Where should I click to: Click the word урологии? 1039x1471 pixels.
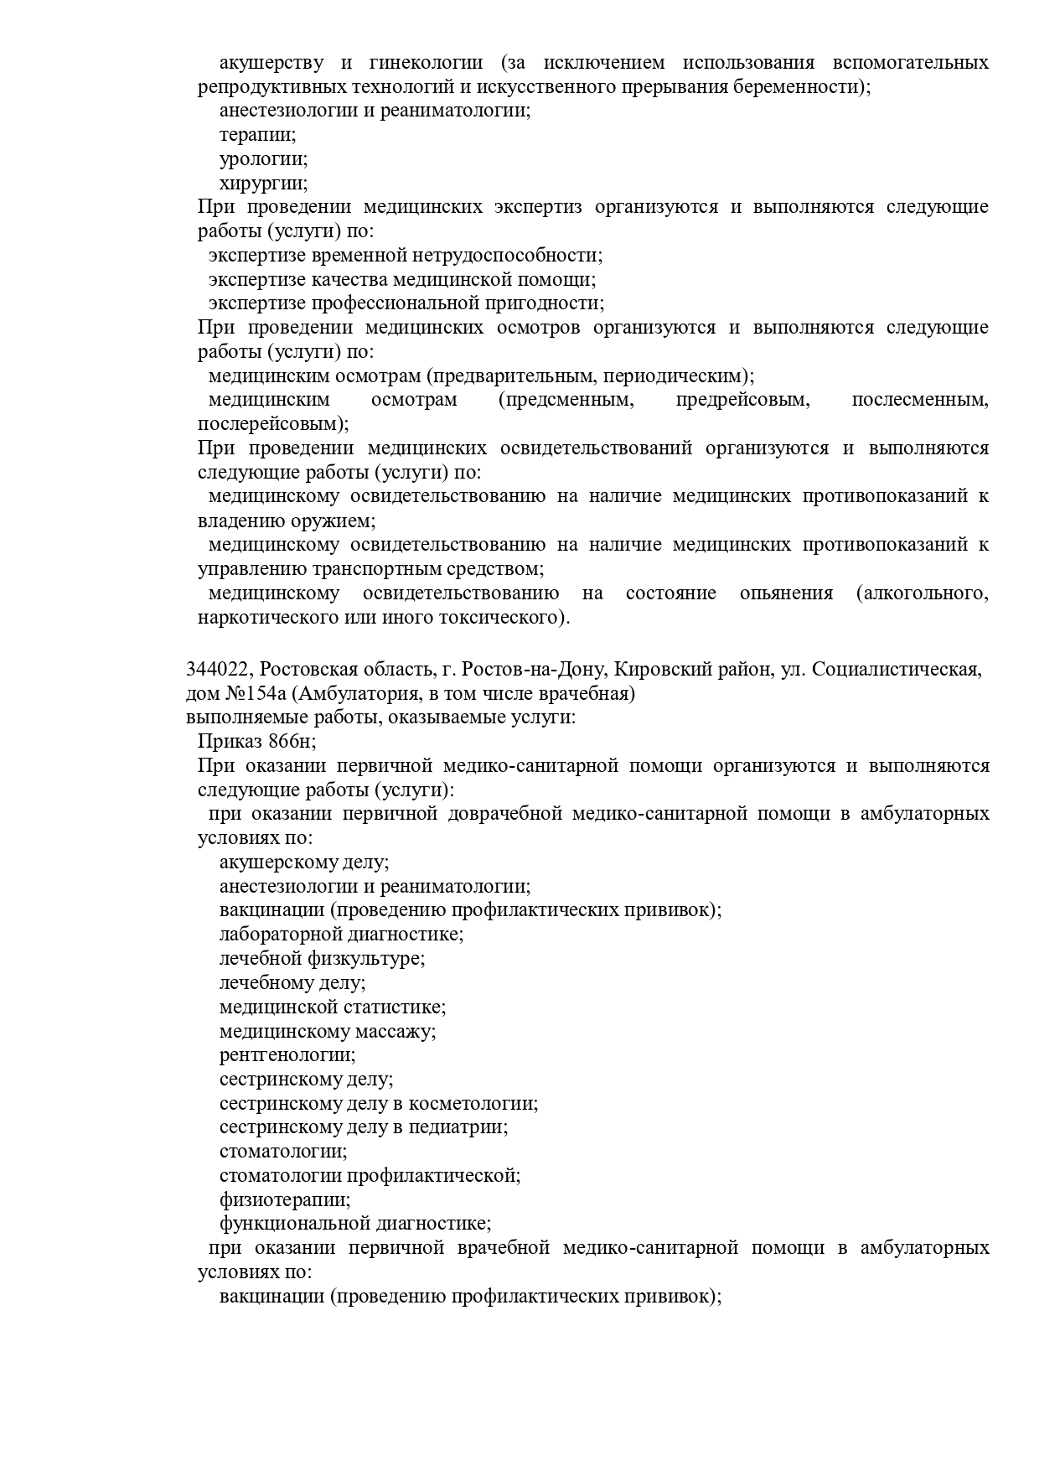pos(263,158)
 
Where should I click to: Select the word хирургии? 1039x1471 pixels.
pos(263,183)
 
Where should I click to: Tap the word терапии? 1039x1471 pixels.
pos(257,134)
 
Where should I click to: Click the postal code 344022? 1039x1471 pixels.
pos(219,669)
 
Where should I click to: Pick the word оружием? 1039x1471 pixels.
pos(336,521)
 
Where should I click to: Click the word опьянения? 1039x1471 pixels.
pos(786,593)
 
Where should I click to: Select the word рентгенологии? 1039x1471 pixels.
pos(287,1054)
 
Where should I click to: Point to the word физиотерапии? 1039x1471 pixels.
pos(285,1199)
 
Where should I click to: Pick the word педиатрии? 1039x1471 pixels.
pos(458,1127)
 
